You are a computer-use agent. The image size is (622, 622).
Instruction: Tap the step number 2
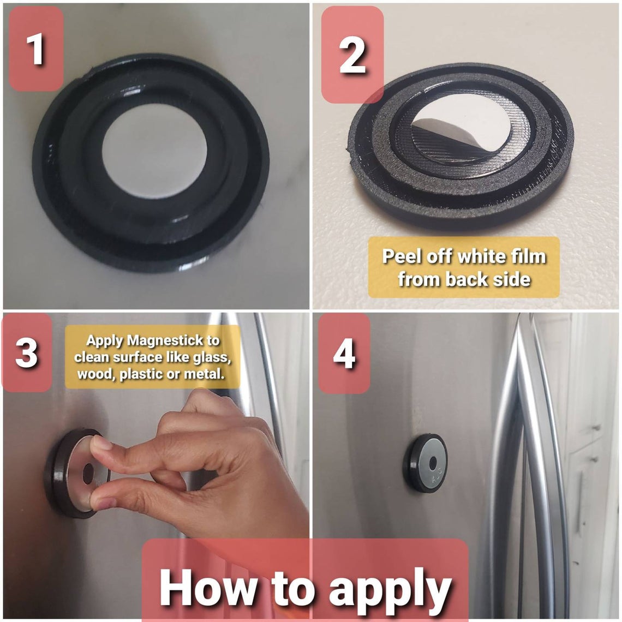(x=352, y=56)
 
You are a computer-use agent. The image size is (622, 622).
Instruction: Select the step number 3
(x=26, y=352)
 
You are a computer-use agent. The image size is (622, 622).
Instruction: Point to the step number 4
(x=344, y=354)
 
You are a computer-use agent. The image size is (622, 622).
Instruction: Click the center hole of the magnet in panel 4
(x=433, y=463)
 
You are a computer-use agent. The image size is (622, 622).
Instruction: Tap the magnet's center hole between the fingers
(x=88, y=474)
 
